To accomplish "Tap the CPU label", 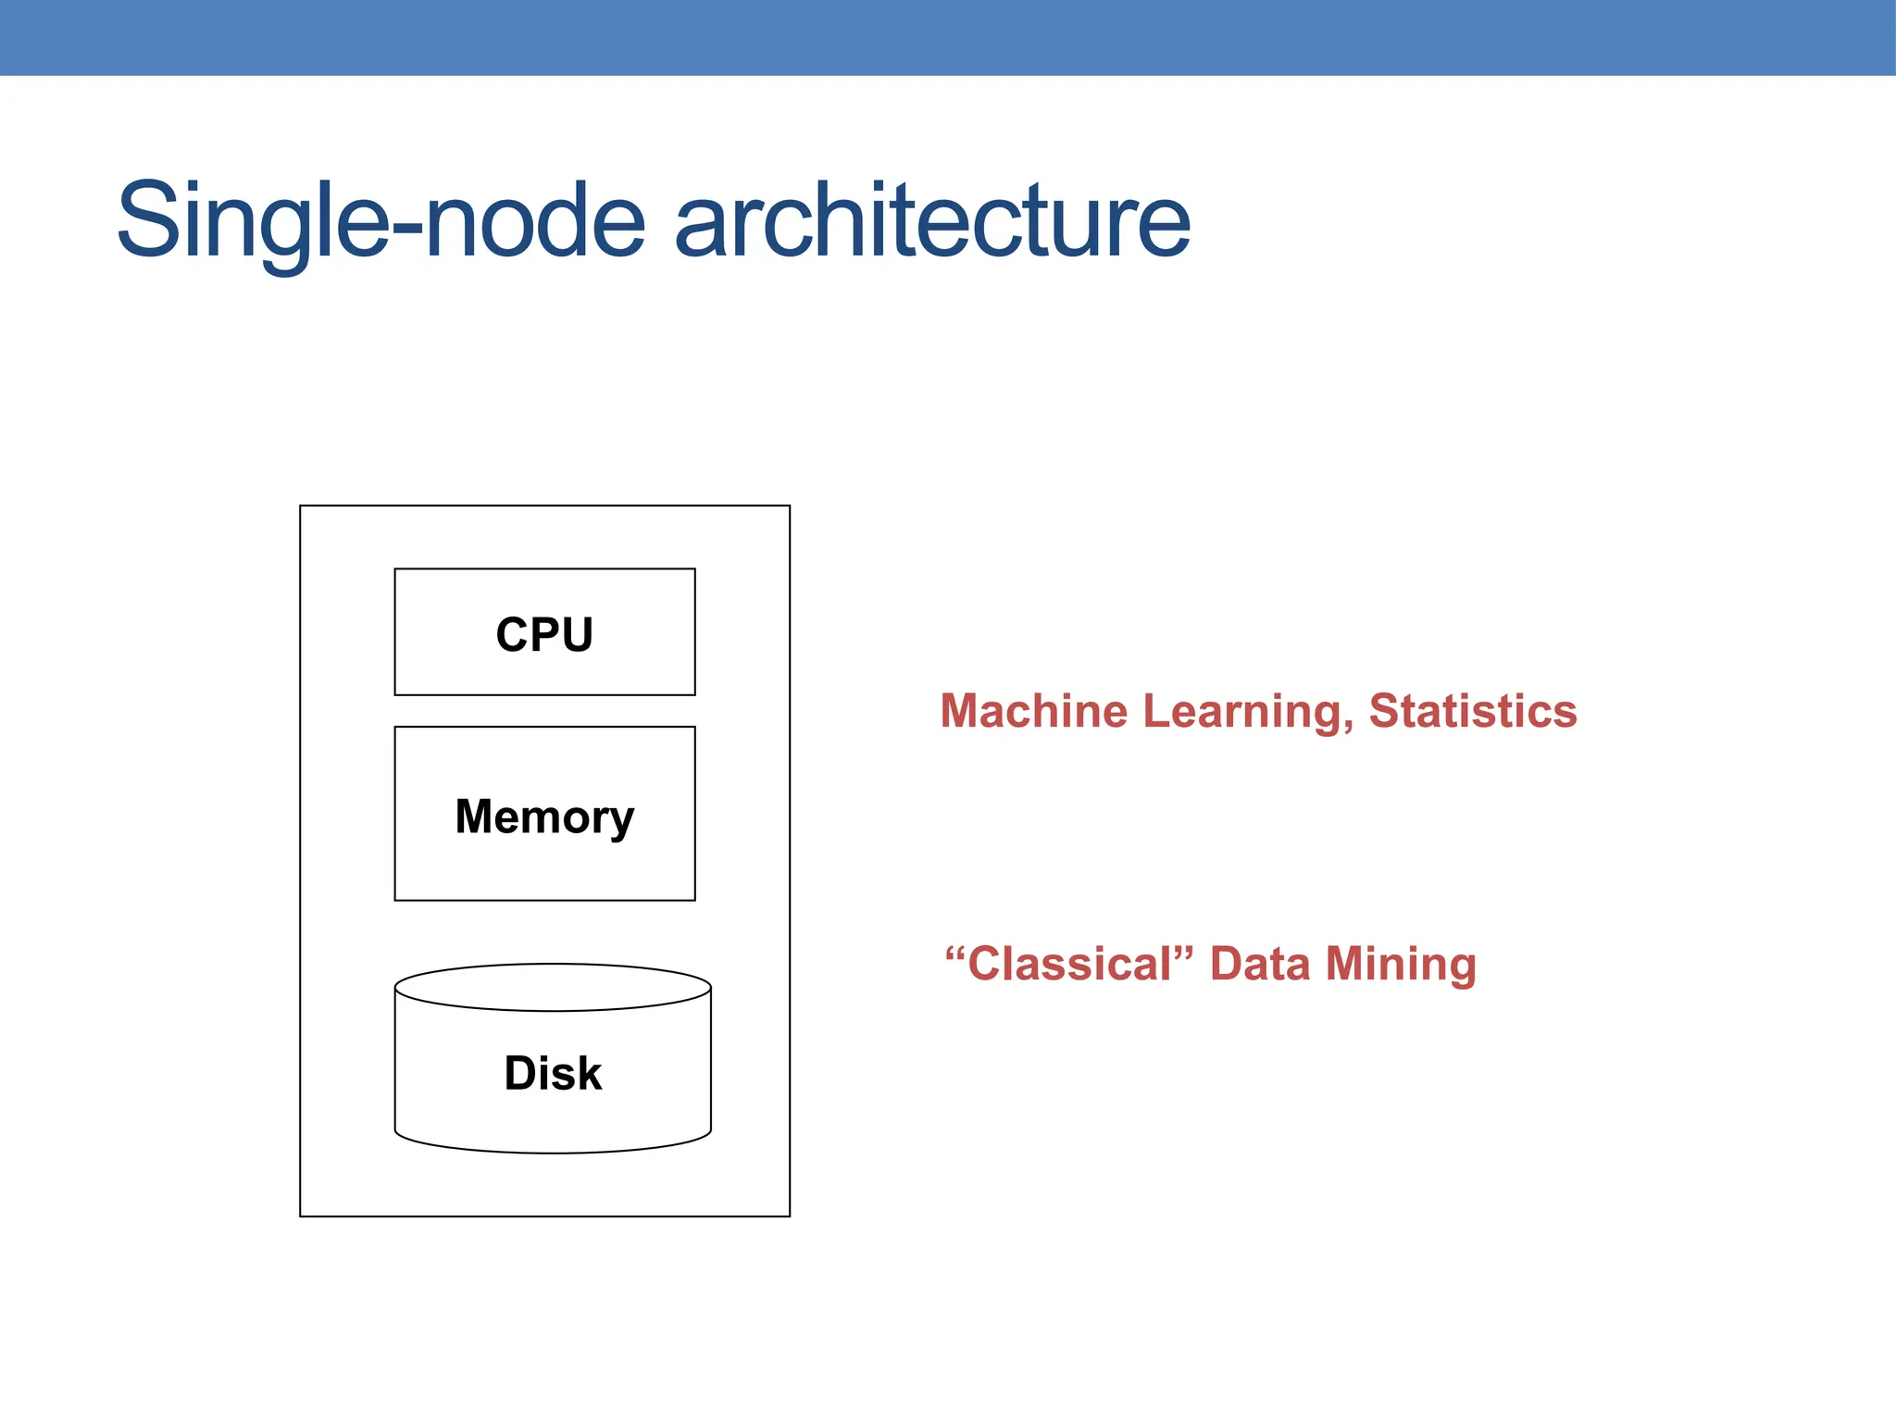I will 544,635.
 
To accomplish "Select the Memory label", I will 544,817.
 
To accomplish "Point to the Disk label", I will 553,1074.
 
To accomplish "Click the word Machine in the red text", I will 1034,711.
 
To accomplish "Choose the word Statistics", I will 1473,711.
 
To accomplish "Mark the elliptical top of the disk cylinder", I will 553,987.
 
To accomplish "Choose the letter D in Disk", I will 520,1074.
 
